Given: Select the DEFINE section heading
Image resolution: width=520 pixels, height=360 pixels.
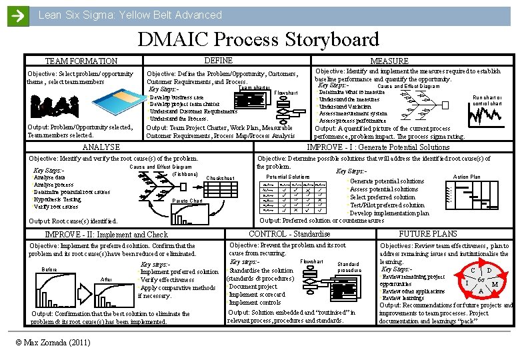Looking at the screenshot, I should coord(218,61).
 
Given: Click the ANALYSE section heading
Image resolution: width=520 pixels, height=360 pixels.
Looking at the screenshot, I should coord(100,147).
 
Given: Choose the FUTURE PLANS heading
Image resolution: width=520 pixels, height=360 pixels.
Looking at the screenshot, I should coord(427,234).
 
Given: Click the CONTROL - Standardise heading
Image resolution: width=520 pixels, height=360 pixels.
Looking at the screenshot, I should coord(289,234).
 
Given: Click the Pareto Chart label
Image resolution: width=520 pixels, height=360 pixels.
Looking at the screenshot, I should coord(187,201).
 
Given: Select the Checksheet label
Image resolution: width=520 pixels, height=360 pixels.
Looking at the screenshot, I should coord(220,178).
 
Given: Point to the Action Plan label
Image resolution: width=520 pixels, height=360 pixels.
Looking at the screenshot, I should coord(466,177).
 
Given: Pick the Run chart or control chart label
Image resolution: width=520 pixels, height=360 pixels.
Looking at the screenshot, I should coord(487,101).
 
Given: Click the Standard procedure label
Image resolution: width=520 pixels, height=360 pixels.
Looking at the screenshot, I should coord(348,267).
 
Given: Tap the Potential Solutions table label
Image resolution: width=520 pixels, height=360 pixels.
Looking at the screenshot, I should coord(288,177).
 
